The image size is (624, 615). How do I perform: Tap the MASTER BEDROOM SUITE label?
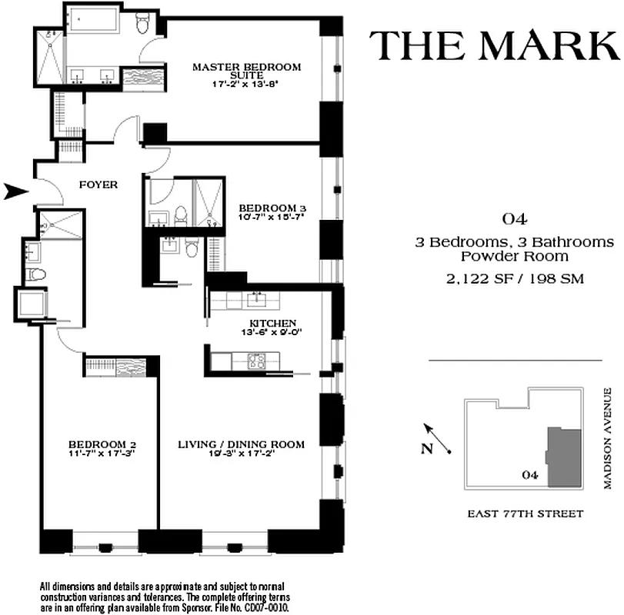246,71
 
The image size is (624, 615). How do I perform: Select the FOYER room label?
99,184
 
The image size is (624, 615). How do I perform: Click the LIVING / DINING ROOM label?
241,444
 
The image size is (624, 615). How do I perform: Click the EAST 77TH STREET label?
525,514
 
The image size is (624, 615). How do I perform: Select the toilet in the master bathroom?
142,25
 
